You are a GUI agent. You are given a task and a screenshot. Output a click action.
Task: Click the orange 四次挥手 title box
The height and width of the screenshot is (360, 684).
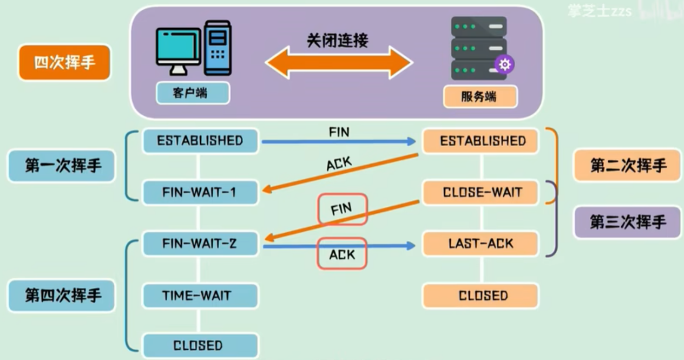(x=64, y=63)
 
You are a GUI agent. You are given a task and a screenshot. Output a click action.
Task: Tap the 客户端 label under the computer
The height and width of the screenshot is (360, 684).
(x=193, y=93)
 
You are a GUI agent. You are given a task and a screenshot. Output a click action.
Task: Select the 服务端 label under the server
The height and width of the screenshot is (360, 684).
(x=479, y=97)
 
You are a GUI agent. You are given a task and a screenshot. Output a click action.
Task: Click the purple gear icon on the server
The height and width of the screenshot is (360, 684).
(x=504, y=65)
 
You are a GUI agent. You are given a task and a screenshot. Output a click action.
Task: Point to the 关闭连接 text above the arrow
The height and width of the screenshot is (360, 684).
(x=338, y=41)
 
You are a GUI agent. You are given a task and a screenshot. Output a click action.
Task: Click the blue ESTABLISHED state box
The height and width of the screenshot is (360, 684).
(x=200, y=141)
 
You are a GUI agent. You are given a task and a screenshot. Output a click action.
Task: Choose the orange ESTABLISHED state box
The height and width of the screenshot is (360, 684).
(x=481, y=141)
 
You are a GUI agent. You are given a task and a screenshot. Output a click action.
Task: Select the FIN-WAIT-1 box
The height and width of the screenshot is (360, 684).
(x=200, y=192)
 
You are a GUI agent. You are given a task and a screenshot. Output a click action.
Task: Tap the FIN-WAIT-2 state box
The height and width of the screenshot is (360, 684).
(x=200, y=244)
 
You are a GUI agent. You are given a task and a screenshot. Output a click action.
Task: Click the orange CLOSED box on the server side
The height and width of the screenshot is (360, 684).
(x=481, y=296)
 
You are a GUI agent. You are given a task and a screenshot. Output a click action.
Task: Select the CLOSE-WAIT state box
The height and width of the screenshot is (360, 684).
(x=481, y=192)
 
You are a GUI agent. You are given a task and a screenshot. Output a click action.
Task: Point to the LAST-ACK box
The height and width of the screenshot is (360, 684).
(x=481, y=244)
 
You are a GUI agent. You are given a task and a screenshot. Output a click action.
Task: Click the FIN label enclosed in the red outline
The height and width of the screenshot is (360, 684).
(x=342, y=209)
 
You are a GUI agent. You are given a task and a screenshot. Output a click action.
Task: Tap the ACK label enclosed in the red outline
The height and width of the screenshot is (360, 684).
(x=342, y=253)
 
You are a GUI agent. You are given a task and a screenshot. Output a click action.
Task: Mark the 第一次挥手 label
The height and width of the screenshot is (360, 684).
(x=62, y=166)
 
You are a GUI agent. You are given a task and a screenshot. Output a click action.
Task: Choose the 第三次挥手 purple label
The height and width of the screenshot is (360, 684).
(x=627, y=222)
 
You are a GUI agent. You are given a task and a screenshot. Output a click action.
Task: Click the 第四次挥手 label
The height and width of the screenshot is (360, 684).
(x=62, y=296)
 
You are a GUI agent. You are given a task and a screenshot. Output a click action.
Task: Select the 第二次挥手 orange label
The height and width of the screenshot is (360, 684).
(x=627, y=166)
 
